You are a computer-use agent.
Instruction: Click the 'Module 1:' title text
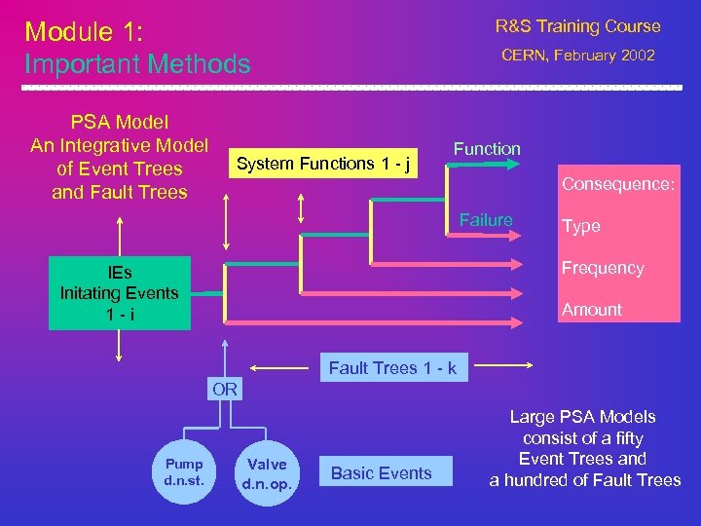point(84,32)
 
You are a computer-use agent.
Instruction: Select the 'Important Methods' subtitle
point(137,64)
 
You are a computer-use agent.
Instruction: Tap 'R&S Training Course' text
point(577,26)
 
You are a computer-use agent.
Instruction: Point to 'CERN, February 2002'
point(577,56)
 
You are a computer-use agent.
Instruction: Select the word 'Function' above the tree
point(487,149)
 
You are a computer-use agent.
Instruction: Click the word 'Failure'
point(485,220)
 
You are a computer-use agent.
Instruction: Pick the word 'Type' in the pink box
point(580,226)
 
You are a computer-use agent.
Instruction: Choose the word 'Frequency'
point(602,268)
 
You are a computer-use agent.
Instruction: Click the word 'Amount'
point(591,310)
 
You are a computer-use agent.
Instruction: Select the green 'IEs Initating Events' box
point(120,293)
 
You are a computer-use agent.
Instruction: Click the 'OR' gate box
point(225,390)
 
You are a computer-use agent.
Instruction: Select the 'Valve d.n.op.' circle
point(266,472)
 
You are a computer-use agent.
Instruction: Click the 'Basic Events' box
point(381,473)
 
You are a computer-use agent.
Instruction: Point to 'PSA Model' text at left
point(120,123)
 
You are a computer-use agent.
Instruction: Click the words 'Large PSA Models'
point(583,417)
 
